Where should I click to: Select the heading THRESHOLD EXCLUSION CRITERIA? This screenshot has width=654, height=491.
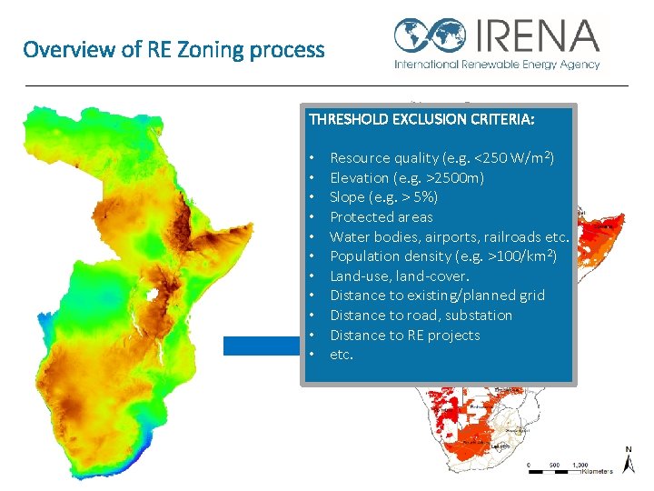pos(421,119)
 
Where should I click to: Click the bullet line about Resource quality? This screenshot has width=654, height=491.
pos(441,158)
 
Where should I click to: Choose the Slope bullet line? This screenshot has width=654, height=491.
pos(383,197)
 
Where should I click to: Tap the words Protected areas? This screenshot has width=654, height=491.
pos(381,217)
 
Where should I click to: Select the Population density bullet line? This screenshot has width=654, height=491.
pos(442,256)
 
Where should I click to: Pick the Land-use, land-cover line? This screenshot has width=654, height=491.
pos(399,276)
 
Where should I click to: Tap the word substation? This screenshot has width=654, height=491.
pos(480,316)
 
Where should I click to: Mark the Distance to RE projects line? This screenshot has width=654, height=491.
pos(404,336)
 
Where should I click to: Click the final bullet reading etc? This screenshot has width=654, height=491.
pos(341,355)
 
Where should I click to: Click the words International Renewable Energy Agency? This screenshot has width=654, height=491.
pos(496,65)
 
